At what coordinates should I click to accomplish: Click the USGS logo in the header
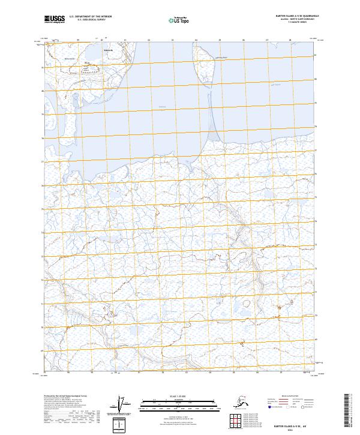[x=55, y=20]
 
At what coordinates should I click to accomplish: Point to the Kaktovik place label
[x=108, y=50]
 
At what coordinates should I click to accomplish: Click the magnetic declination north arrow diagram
[x=122, y=404]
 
